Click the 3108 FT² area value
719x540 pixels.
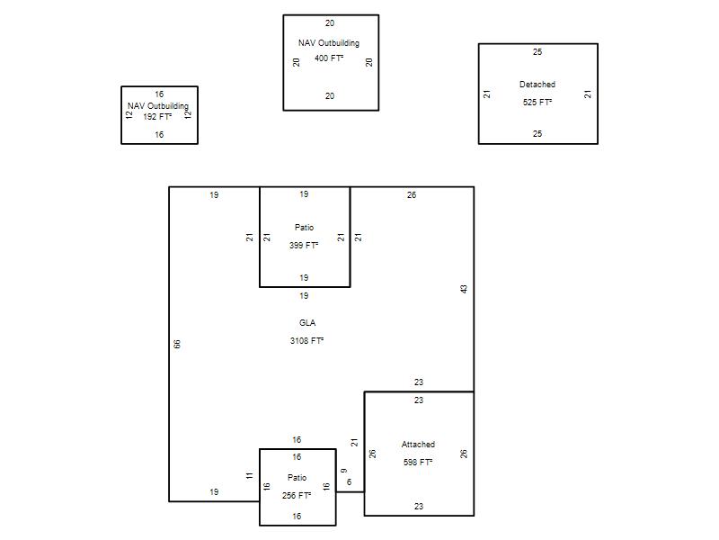[x=306, y=341]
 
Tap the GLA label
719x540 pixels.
[x=307, y=323]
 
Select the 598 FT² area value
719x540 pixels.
[x=418, y=462]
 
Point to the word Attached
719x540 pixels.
[x=418, y=445]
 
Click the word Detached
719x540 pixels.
[x=537, y=85]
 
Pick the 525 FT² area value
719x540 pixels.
[x=537, y=103]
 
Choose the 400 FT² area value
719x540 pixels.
[x=329, y=58]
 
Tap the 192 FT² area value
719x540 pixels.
[x=157, y=117]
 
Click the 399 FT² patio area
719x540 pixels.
[x=304, y=245]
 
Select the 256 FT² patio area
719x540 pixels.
[x=297, y=496]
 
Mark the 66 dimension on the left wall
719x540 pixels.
[x=177, y=344]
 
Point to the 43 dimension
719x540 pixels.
[x=464, y=289]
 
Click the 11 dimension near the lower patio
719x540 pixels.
[x=250, y=476]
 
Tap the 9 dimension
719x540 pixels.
[x=344, y=471]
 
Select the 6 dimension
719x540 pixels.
[x=350, y=482]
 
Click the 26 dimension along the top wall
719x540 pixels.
[x=412, y=195]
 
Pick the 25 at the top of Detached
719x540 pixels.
[x=537, y=52]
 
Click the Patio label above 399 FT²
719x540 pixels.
[x=305, y=228]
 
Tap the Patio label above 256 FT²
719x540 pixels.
[x=297, y=478]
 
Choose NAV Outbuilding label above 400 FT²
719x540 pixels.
[x=329, y=43]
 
